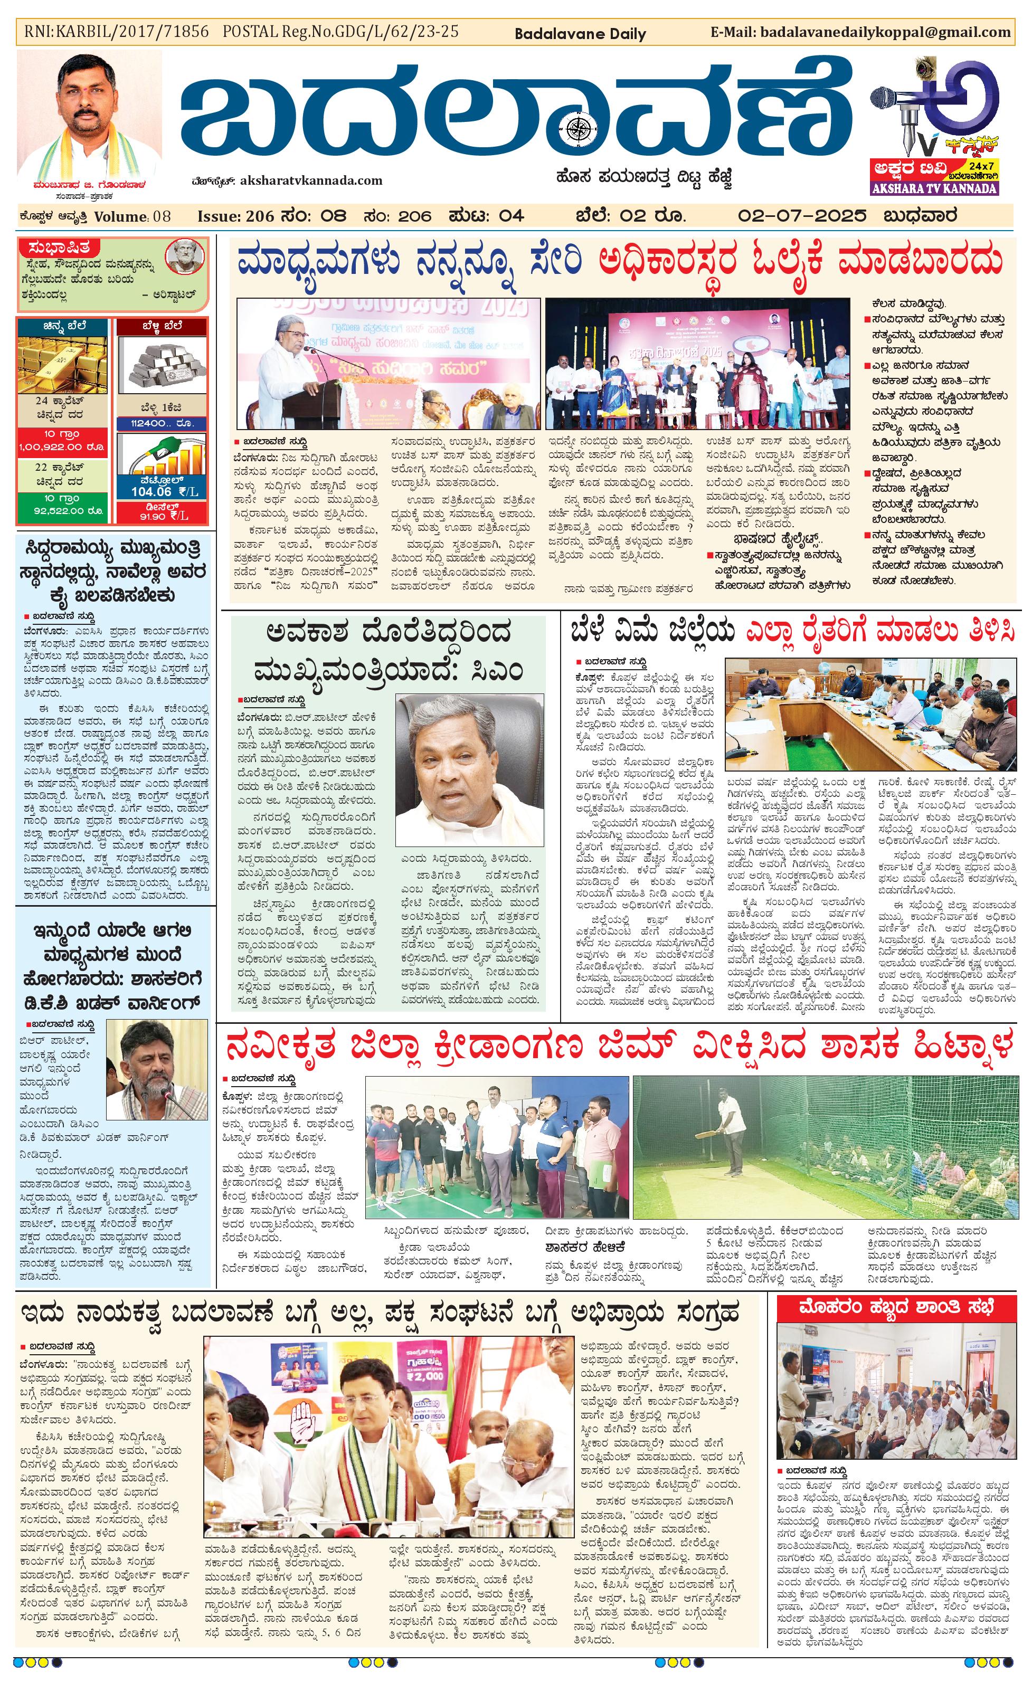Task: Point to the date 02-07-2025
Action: coord(802,216)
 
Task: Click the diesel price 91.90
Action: coord(154,516)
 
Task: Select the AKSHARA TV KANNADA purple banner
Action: coord(934,188)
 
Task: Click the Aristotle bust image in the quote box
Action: coord(184,255)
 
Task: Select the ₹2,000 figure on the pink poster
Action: coord(424,1375)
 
